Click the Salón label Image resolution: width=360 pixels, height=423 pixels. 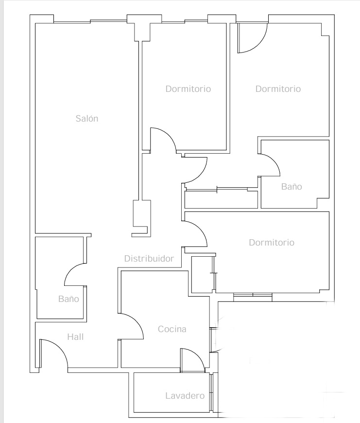tap(87, 119)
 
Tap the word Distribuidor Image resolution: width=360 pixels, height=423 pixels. tap(149, 259)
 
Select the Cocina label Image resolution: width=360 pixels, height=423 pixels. tap(172, 329)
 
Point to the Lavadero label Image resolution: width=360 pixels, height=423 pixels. tap(185, 395)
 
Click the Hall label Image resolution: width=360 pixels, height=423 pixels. tap(75, 336)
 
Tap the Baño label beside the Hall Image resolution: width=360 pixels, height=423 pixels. tap(69, 299)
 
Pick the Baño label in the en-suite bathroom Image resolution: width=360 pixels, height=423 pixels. tap(291, 186)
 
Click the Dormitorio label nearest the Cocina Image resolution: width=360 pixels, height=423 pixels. tap(272, 242)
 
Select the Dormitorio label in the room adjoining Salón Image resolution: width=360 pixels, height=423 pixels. tap(188, 89)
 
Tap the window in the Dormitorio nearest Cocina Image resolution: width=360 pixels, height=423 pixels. tap(253, 297)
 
